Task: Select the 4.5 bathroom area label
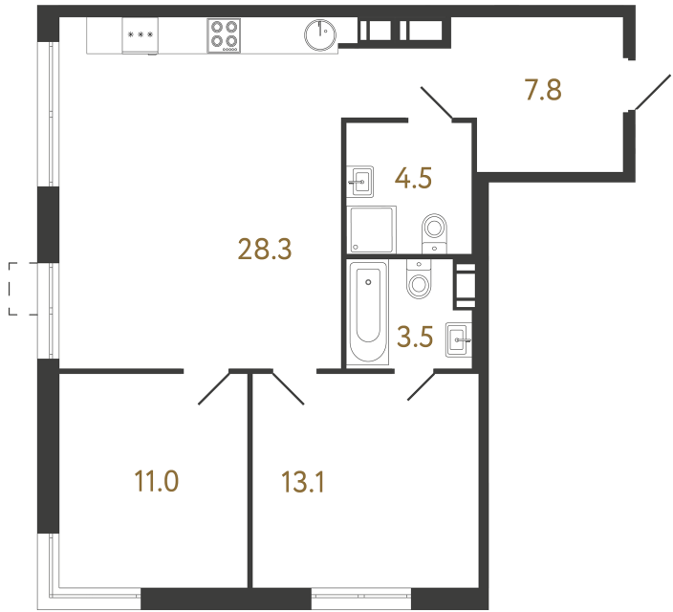coord(414,178)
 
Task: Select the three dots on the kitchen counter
coord(140,35)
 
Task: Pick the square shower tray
coord(372,230)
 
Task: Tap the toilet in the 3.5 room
coord(419,278)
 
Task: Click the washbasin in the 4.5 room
coord(360,180)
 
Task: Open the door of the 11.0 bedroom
coord(214,388)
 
